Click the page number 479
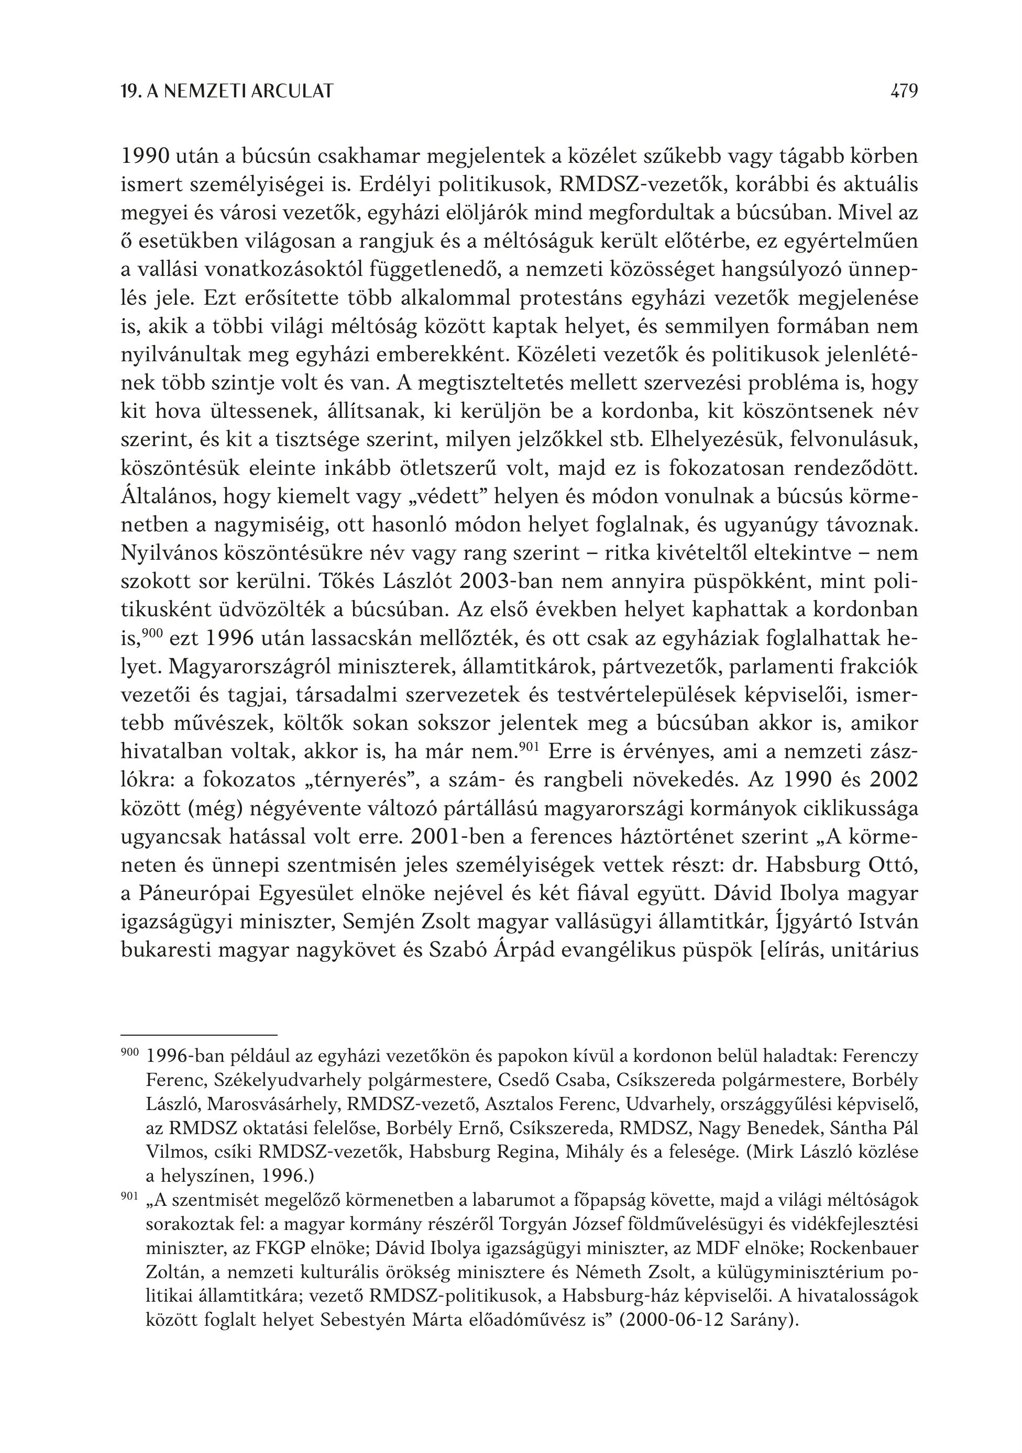tap(904, 92)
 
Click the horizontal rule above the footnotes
tap(199, 1034)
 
